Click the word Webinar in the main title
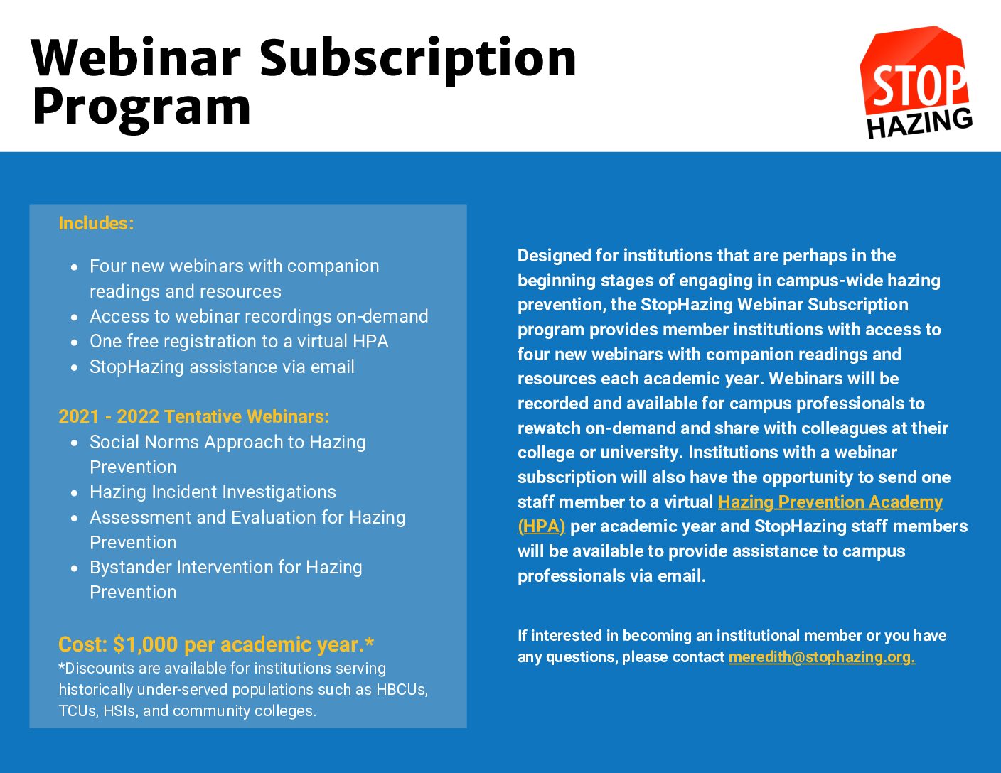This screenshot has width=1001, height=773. click(136, 58)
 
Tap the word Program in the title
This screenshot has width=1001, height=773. click(142, 109)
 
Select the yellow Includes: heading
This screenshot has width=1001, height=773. click(96, 223)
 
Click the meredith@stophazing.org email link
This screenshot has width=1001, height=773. click(821, 657)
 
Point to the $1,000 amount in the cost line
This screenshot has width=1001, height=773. click(146, 644)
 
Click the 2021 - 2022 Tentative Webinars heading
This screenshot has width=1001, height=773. click(194, 416)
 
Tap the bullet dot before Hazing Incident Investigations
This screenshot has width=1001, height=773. click(75, 493)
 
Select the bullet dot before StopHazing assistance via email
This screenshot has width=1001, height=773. click(75, 368)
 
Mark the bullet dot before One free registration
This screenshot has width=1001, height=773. click(75, 342)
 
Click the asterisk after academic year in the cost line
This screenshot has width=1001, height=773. click(369, 642)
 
